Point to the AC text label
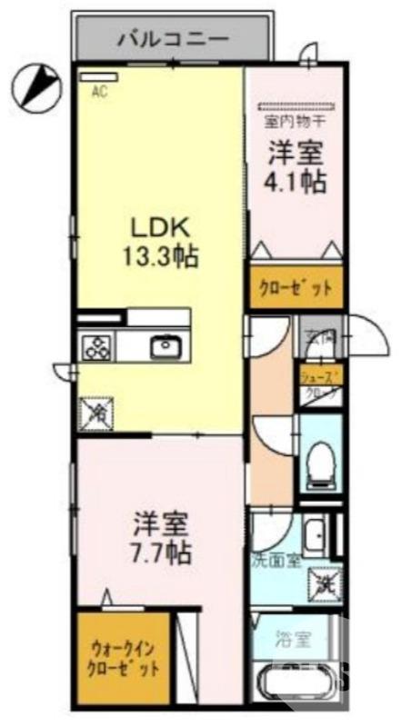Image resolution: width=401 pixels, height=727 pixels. click(97, 90)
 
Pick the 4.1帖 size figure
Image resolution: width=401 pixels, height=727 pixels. click(296, 180)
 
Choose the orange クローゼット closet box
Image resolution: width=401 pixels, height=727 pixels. click(296, 289)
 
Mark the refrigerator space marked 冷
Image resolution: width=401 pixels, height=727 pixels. click(96, 414)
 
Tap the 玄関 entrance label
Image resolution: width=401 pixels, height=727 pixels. click(318, 336)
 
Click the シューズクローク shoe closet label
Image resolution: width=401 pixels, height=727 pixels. click(322, 384)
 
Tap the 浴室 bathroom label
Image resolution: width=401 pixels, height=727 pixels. click(294, 639)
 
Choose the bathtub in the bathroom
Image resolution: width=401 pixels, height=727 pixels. click(300, 684)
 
